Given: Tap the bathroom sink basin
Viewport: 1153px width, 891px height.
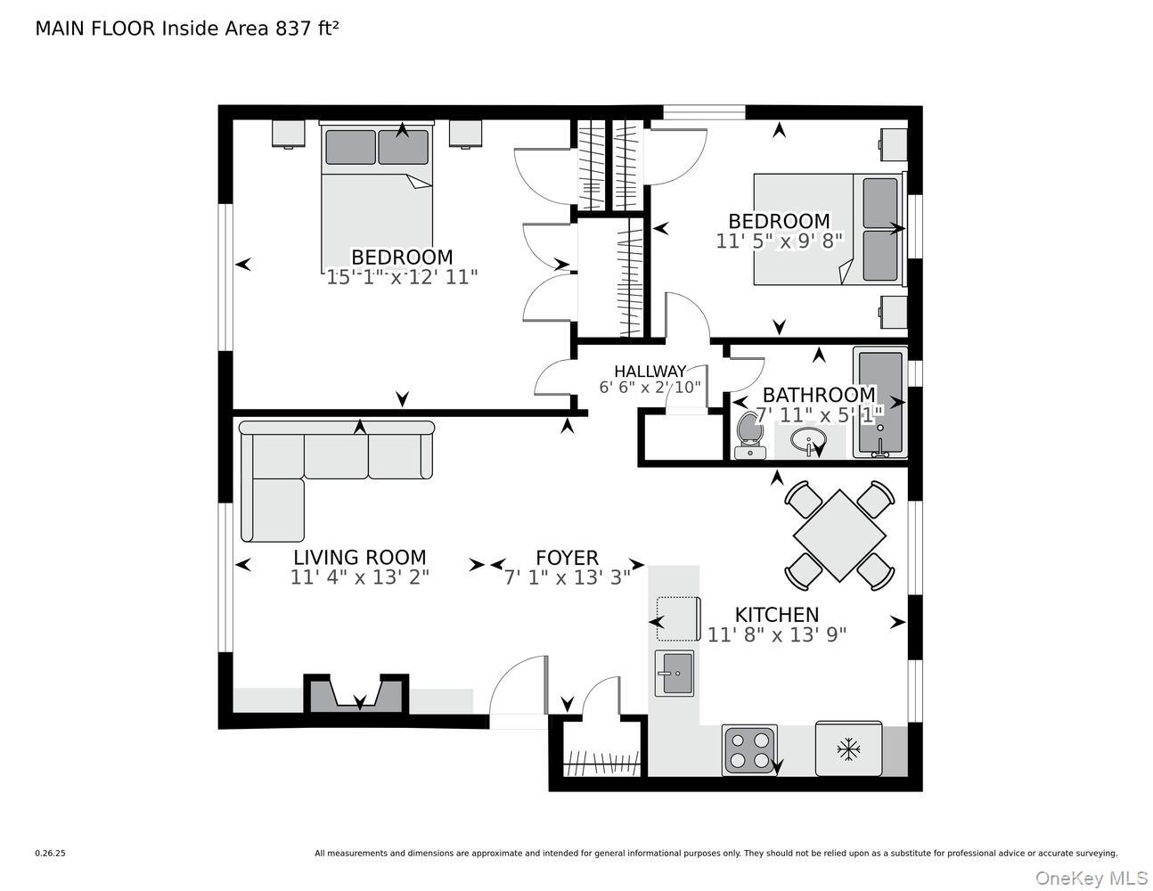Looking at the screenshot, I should [x=809, y=440].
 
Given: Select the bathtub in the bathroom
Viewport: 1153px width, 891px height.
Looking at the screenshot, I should [x=879, y=402].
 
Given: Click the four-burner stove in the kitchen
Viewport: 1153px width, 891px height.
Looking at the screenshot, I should [x=749, y=750].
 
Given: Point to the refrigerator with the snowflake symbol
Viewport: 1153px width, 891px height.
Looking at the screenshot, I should [x=848, y=749].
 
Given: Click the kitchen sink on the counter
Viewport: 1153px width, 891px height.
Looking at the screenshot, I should [x=674, y=673].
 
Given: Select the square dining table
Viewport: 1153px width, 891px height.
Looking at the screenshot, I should [x=839, y=535].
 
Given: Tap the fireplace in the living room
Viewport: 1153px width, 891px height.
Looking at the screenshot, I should [x=357, y=694].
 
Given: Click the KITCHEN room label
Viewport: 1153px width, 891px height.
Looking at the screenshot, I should [x=776, y=615].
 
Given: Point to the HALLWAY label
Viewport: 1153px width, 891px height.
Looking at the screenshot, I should [x=650, y=372].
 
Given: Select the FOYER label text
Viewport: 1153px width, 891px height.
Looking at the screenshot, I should [x=567, y=558].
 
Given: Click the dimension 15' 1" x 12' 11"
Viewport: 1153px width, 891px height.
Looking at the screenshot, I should [x=402, y=277].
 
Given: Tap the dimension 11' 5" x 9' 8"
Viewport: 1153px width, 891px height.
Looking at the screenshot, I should [x=779, y=241].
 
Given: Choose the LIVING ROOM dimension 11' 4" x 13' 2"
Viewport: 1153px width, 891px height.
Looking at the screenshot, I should [x=359, y=577].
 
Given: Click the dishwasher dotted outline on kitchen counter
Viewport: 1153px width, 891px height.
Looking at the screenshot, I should [x=677, y=618].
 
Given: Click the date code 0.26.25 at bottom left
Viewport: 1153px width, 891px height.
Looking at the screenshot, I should [x=50, y=853].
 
